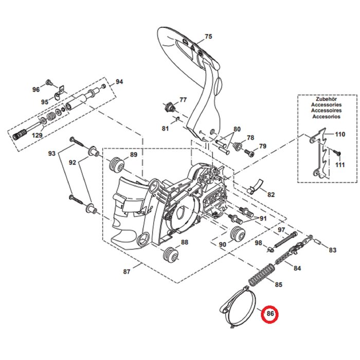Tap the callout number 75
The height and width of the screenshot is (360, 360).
tap(208, 37)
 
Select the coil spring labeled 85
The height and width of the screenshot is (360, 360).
tap(260, 274)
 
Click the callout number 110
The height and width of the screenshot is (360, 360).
tap(340, 135)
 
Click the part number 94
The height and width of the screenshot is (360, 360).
tap(119, 82)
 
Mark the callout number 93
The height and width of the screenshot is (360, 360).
tap(52, 154)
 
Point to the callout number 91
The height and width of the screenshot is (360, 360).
tap(263, 218)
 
